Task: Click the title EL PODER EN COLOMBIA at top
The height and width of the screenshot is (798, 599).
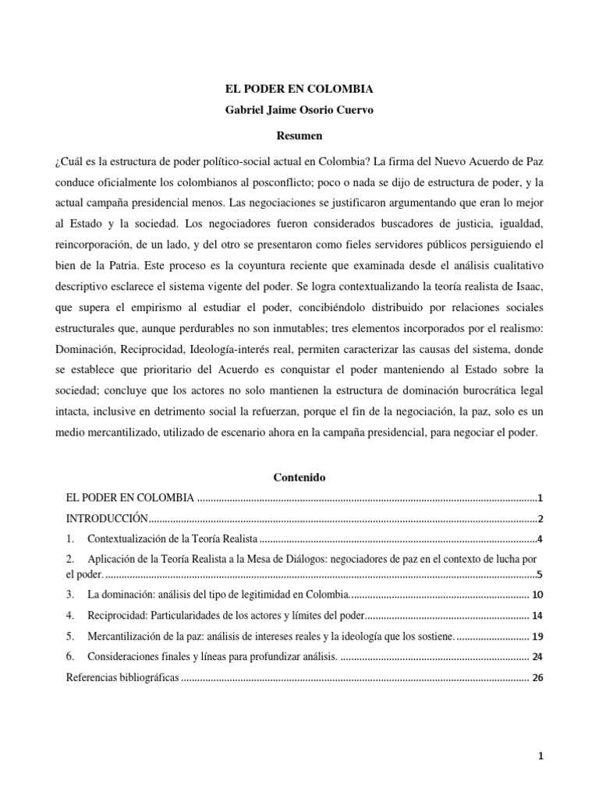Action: tap(299, 89)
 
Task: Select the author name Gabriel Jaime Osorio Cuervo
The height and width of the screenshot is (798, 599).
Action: tap(299, 110)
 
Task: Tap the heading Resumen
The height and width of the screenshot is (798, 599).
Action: tap(299, 136)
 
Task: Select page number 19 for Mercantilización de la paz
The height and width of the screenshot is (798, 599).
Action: tap(537, 636)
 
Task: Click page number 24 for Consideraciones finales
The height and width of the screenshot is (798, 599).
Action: tap(537, 656)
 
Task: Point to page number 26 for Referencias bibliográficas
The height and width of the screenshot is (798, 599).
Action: tap(537, 677)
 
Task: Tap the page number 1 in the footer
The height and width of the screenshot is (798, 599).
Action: tap(539, 756)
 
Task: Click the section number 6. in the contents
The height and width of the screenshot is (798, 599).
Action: tap(70, 656)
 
